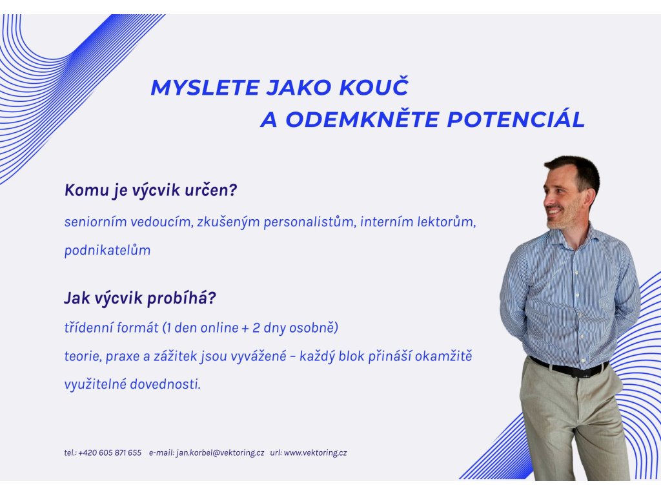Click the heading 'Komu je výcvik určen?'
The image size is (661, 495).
tap(151, 190)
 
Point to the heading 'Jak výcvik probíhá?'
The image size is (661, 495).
tap(140, 298)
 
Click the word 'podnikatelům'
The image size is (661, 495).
tap(108, 250)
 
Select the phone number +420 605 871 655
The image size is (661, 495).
tap(110, 453)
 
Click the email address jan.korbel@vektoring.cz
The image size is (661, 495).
tap(221, 453)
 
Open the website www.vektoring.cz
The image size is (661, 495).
tap(315, 453)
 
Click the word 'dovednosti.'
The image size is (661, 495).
tap(165, 384)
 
